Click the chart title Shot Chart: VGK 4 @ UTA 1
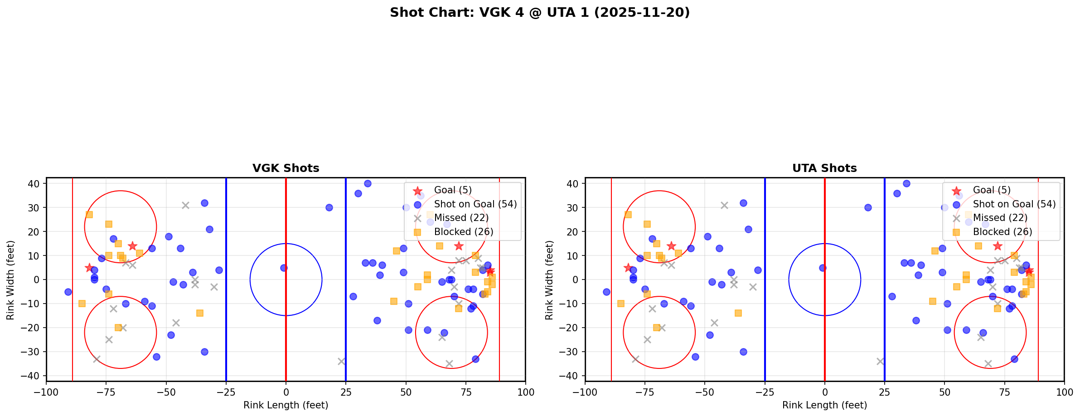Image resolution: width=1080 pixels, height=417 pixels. tap(539, 13)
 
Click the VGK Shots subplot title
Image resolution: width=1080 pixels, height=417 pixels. tap(286, 168)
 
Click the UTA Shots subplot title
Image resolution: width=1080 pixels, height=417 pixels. tap(824, 168)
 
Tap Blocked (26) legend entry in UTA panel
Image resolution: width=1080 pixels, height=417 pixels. tap(1003, 232)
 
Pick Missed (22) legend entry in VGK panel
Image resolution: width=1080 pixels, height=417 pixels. tap(461, 218)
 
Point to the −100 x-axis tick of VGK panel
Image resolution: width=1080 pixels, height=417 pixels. tap(46, 392)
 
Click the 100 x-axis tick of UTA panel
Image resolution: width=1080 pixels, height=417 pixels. tap(1064, 392)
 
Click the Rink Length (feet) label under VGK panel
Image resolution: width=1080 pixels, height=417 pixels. tap(286, 405)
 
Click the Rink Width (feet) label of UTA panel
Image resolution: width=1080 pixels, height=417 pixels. tap(549, 280)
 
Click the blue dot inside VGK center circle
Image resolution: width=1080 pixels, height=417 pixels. tap(284, 268)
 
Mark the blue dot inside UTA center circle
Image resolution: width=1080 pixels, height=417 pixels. tap(823, 268)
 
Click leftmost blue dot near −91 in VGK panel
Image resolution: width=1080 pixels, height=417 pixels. tap(68, 292)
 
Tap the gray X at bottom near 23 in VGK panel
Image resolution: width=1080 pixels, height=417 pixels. tap(341, 361)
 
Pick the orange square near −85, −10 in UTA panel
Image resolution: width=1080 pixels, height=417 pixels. tap(621, 304)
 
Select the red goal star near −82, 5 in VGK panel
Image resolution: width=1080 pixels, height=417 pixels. tap(89, 268)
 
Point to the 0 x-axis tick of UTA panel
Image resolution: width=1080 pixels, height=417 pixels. tap(824, 392)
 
